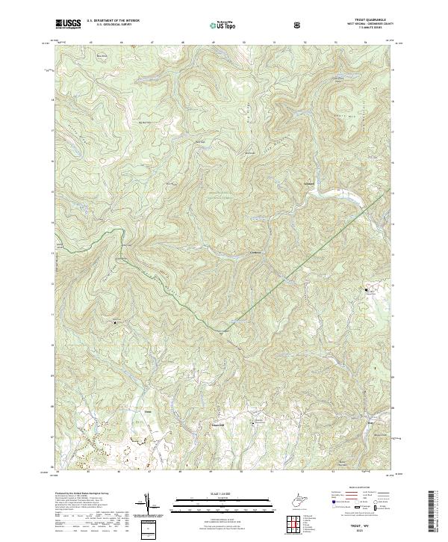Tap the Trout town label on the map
click(147, 412)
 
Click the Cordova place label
click(255, 253)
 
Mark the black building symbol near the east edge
click(366, 290)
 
